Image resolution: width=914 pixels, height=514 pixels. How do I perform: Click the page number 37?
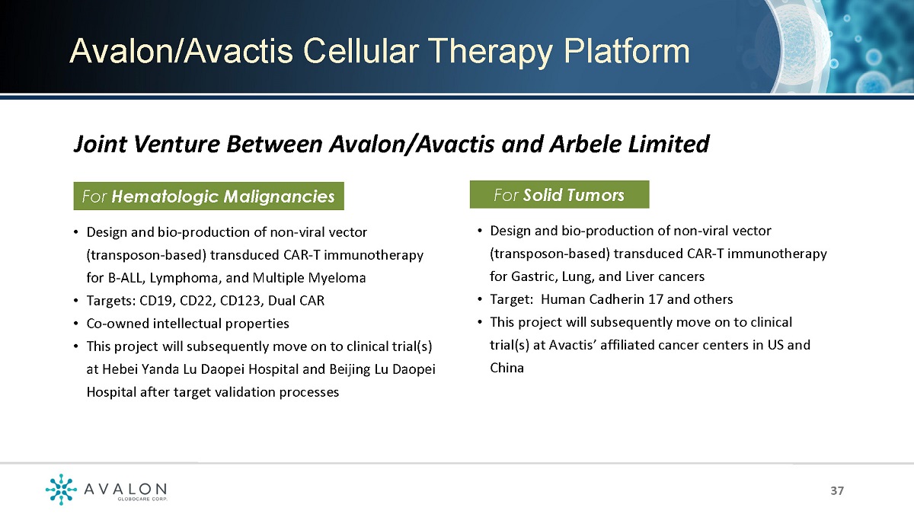pyautogui.click(x=837, y=490)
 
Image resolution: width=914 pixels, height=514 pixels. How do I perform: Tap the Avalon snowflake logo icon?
pyautogui.click(x=61, y=489)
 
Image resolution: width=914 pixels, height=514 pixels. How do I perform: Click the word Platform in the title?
pyautogui.click(x=626, y=53)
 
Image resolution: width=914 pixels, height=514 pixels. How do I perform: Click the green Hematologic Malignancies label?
pyautogui.click(x=209, y=196)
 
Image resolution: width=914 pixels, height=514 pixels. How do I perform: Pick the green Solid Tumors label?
pyautogui.click(x=559, y=195)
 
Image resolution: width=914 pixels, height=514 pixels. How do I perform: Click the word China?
pyautogui.click(x=507, y=368)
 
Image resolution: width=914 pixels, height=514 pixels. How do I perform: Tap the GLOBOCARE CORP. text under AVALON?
pyautogui.click(x=142, y=499)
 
